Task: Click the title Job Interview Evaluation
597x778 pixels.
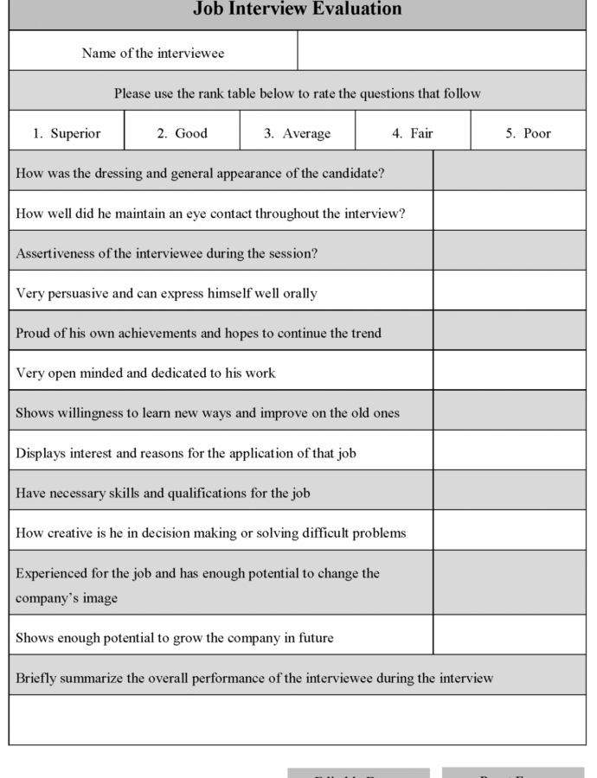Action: tap(297, 10)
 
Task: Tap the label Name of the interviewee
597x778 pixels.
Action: tap(153, 54)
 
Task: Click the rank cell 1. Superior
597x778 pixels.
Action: tap(67, 133)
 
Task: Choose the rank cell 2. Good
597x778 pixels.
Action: tap(182, 133)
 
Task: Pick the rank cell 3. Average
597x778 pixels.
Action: tap(298, 133)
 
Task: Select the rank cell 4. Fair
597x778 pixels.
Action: tap(413, 133)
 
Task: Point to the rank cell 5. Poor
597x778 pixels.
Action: tap(528, 133)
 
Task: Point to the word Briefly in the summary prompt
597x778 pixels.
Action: tap(35, 678)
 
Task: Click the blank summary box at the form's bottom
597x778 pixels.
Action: tap(297, 719)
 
